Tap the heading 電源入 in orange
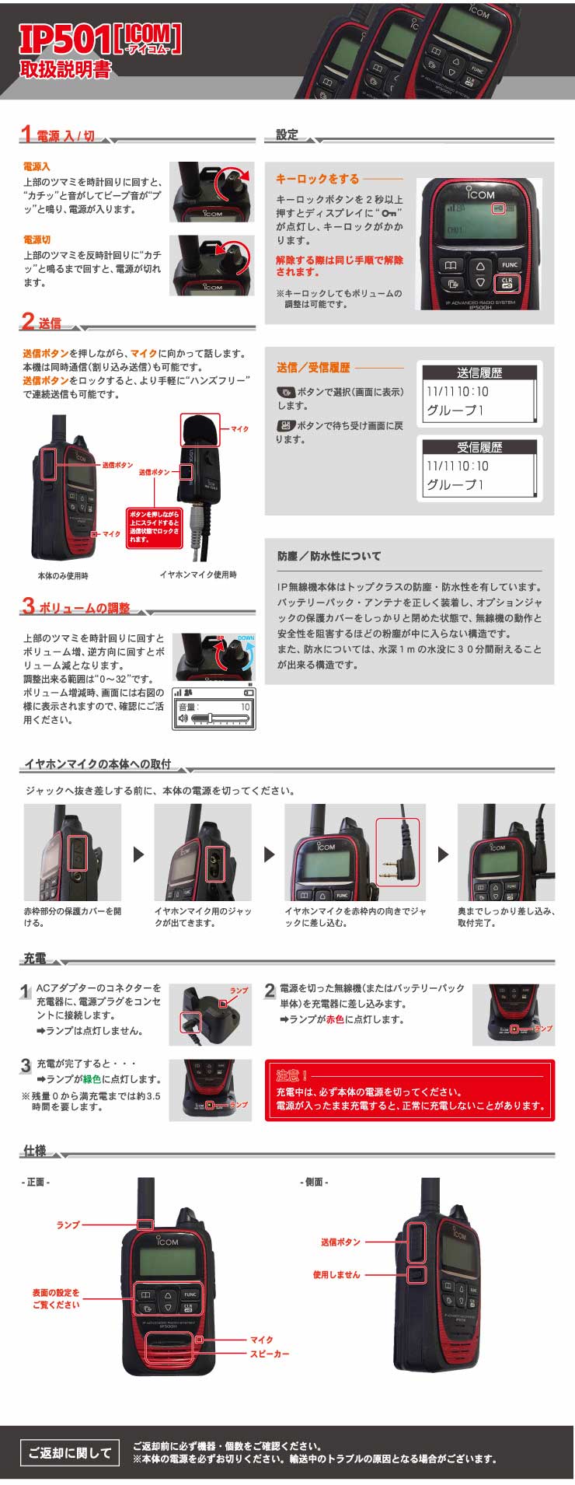click(x=37, y=166)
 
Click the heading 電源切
click(x=37, y=239)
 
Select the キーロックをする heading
click(x=318, y=179)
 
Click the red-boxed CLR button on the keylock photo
click(x=507, y=283)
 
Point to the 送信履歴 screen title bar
click(x=479, y=372)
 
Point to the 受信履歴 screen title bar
click(x=479, y=447)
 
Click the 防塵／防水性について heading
click(x=329, y=556)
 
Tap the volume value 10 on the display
click(x=245, y=707)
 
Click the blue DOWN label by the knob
click(x=246, y=638)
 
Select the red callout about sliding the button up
click(x=154, y=527)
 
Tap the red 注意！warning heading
click(x=292, y=1075)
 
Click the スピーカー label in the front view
click(x=270, y=1354)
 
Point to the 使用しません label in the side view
click(x=336, y=1274)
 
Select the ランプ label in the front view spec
click(x=68, y=1225)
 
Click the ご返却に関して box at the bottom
click(x=70, y=1452)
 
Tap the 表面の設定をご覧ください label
click(x=56, y=1298)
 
